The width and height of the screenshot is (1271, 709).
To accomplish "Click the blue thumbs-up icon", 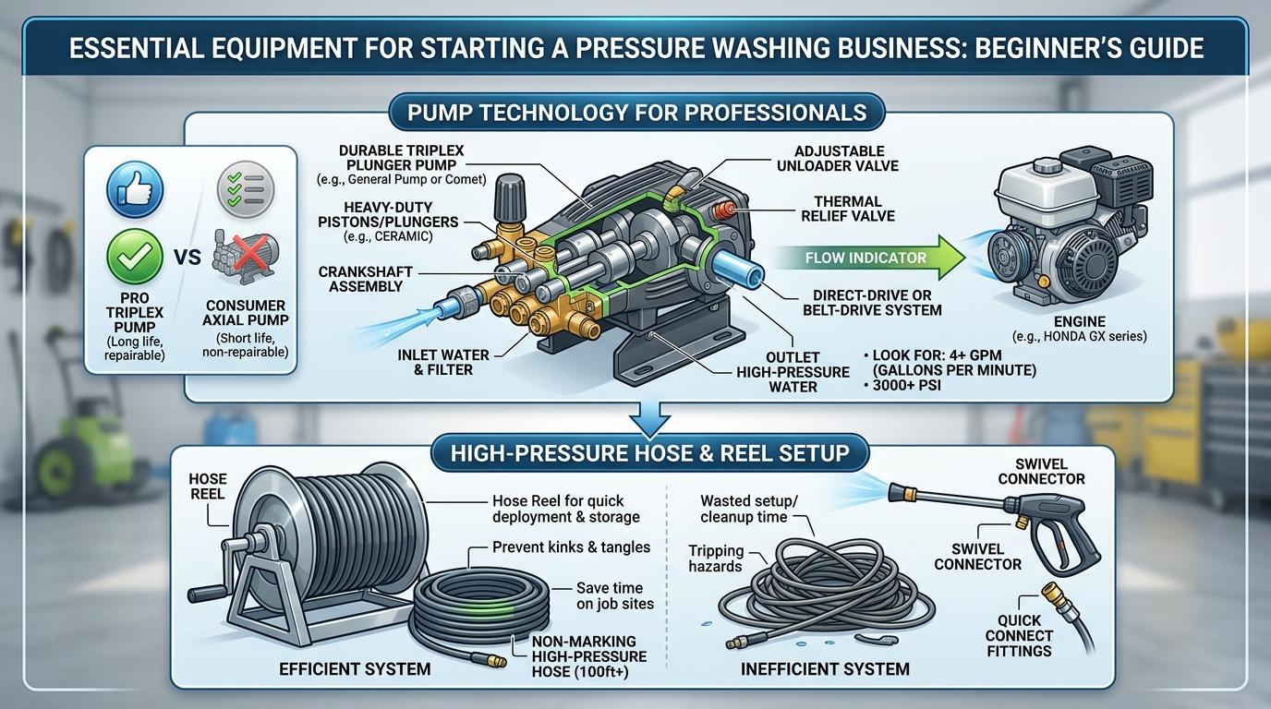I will click(135, 189).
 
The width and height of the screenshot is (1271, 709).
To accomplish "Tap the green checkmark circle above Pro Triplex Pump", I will click(135, 255).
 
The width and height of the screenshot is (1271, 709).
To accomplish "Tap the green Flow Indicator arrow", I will click(864, 258).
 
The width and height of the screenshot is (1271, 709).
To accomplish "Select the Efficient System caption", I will click(355, 667).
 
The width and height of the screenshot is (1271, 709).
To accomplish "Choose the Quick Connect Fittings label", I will click(1018, 636).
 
